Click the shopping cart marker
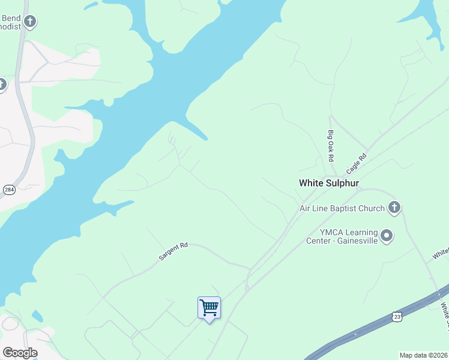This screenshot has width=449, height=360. [x=209, y=308]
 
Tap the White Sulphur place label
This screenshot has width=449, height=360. [x=328, y=183]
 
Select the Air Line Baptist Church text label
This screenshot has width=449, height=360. [x=342, y=209]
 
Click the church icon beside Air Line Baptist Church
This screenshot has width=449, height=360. [x=394, y=208]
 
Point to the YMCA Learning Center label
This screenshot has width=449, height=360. [x=349, y=237]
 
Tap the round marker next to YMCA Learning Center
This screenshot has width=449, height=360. [x=387, y=236]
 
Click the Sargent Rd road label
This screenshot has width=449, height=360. [x=173, y=251]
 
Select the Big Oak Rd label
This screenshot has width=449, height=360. [x=330, y=145]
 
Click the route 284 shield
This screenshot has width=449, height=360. [x=9, y=190]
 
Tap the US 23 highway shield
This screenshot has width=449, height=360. [x=396, y=316]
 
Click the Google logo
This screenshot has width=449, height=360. [x=20, y=353]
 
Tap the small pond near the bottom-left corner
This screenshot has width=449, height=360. [x=37, y=315]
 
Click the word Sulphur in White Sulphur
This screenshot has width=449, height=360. [x=340, y=183]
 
